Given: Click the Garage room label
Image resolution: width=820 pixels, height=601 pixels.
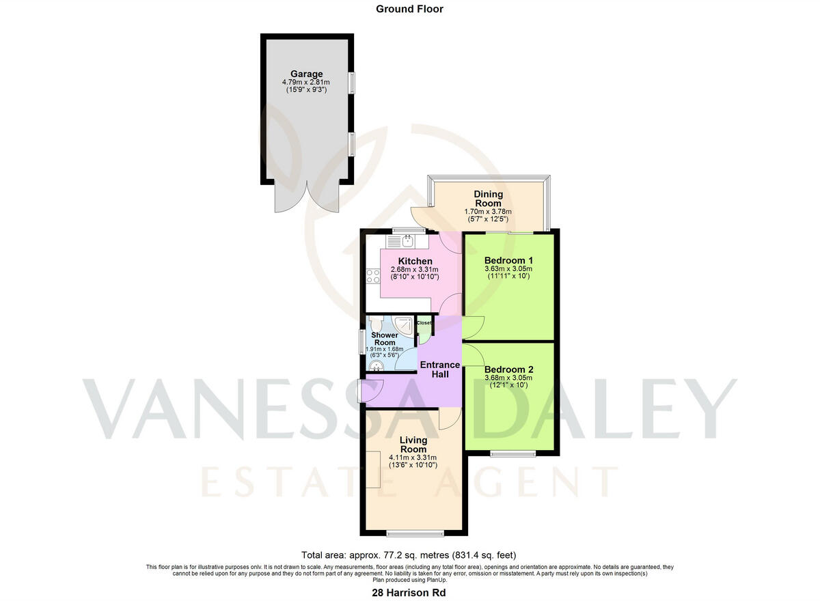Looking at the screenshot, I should pyautogui.click(x=306, y=74).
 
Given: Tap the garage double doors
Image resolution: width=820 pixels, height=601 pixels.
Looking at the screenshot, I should pyautogui.click(x=307, y=197).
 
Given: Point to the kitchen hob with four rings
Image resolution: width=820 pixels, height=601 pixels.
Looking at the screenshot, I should pyautogui.click(x=373, y=276).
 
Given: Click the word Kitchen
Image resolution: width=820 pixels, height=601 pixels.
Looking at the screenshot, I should pyautogui.click(x=415, y=262).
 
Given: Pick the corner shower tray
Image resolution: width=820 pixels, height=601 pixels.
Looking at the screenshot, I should pyautogui.click(x=406, y=326).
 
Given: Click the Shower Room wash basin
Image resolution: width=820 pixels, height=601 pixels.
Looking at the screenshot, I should pyautogui.click(x=374, y=363).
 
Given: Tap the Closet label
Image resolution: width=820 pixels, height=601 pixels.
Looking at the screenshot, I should pyautogui.click(x=424, y=322).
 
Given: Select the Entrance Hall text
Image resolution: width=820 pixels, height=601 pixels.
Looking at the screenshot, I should pyautogui.click(x=439, y=369).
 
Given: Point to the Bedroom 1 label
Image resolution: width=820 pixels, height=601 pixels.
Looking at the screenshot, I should pyautogui.click(x=508, y=260).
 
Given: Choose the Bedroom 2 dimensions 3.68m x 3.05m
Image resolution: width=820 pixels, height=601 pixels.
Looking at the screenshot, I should pyautogui.click(x=508, y=378).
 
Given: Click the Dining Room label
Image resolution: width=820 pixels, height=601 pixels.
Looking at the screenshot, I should pyautogui.click(x=488, y=199).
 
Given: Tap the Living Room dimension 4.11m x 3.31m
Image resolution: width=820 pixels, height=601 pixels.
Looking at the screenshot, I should pyautogui.click(x=413, y=458).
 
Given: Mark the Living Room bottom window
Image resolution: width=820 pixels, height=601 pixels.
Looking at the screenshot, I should pyautogui.click(x=413, y=533).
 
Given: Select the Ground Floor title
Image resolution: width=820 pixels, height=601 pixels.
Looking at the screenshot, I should pyautogui.click(x=409, y=9).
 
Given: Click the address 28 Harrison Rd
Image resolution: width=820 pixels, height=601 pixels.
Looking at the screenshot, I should pyautogui.click(x=409, y=593).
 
